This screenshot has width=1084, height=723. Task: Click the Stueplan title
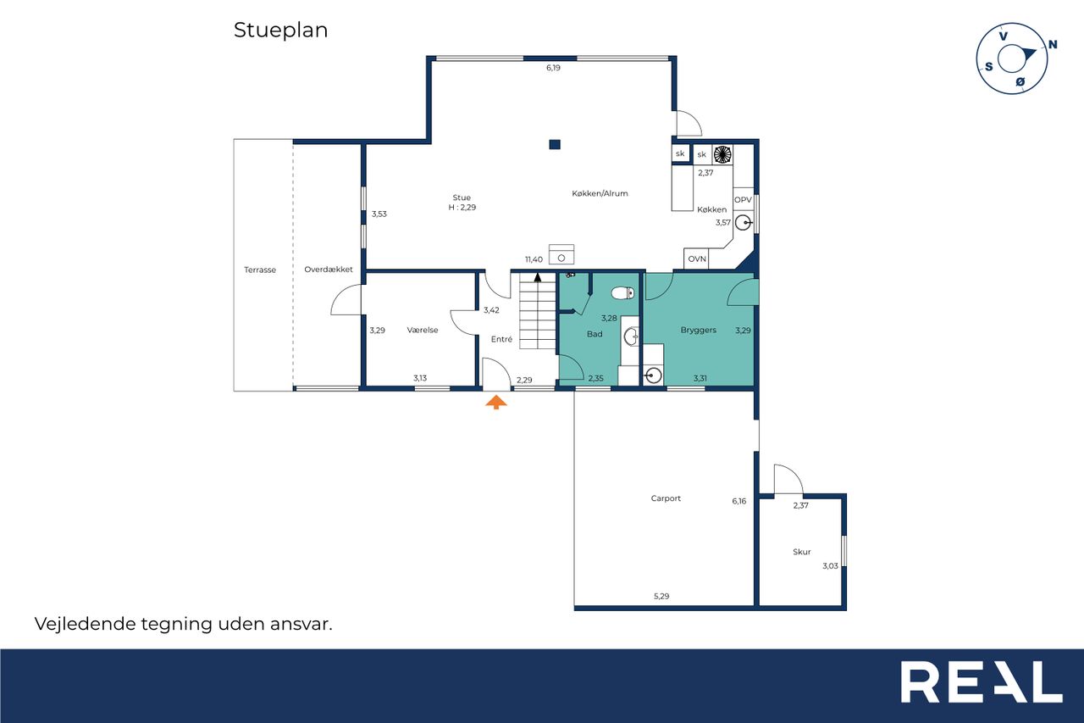(x=280, y=31)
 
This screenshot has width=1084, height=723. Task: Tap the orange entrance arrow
(x=496, y=402)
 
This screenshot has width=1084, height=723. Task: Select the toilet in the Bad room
(x=622, y=292)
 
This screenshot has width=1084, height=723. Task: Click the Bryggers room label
(x=699, y=331)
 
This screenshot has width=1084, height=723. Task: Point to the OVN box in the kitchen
(x=697, y=259)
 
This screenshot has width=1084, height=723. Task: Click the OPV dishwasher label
(x=743, y=199)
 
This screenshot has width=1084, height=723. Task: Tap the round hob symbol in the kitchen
(x=722, y=154)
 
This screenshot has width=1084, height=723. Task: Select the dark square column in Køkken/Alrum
(x=555, y=144)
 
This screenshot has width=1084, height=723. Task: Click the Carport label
(x=666, y=498)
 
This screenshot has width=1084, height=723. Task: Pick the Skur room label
(x=801, y=552)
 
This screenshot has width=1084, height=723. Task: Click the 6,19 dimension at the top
(x=553, y=68)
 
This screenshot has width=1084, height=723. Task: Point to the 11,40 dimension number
(x=534, y=259)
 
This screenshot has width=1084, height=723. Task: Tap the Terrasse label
(x=260, y=270)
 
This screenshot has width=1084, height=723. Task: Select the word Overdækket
(x=328, y=270)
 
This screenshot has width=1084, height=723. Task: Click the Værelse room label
(x=423, y=331)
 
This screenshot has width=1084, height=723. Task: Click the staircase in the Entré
(x=538, y=311)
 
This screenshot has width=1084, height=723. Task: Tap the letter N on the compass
(x=1053, y=45)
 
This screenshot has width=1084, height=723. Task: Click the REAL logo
(x=982, y=681)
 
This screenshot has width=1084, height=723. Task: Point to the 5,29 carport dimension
(x=661, y=597)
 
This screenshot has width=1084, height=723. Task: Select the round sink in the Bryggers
(x=653, y=375)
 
